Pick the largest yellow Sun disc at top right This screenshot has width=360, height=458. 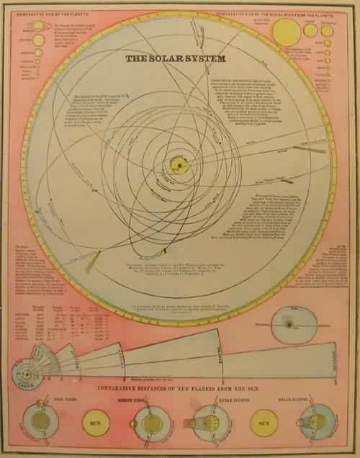coord(285,32)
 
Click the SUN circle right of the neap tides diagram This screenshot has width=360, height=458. coord(94,423)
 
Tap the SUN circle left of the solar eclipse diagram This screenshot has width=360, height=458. coord(263,423)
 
